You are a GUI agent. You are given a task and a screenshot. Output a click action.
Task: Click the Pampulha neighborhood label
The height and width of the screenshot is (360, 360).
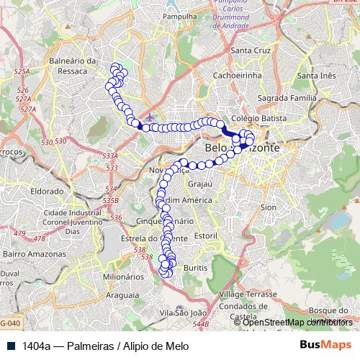(181, 15)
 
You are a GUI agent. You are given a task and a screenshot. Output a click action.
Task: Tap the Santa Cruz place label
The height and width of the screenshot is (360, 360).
(249, 50)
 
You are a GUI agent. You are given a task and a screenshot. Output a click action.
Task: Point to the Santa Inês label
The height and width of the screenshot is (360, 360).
(317, 76)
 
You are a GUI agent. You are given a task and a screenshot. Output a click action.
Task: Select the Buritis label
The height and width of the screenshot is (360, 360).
(195, 267)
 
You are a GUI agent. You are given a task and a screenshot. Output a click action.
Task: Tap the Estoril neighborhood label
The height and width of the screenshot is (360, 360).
(205, 235)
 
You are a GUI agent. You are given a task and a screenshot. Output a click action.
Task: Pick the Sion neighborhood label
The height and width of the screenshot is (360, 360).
(269, 207)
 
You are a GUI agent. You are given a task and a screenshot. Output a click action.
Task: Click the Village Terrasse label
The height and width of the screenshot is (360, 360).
(248, 295)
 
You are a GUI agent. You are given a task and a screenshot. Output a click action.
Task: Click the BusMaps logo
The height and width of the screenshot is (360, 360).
(320, 346)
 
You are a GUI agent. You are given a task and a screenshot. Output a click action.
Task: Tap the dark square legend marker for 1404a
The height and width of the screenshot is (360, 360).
(12, 346)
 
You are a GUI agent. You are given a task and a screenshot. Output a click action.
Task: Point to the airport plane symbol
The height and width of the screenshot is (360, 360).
(149, 117)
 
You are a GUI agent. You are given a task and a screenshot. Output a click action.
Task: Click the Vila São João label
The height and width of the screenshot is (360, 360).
(183, 312)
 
